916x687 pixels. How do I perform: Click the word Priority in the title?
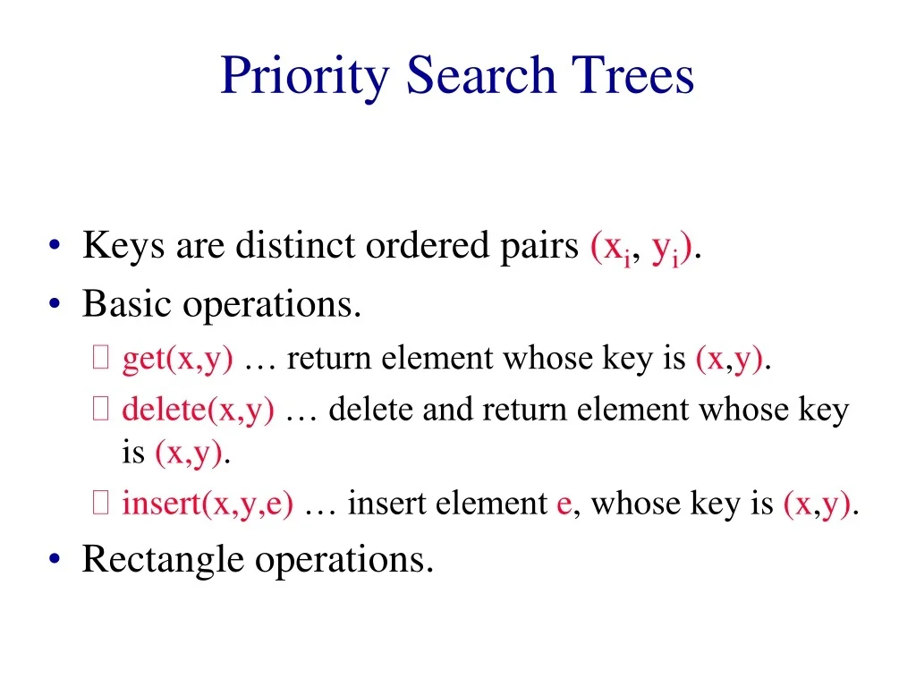tap(305, 76)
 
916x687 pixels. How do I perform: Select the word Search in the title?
tap(481, 76)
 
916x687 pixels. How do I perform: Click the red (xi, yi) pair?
tap(641, 248)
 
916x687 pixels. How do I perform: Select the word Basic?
tap(127, 305)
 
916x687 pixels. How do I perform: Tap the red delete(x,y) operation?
tap(198, 411)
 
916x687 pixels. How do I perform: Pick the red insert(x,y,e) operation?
tap(208, 505)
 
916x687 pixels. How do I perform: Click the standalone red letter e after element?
tap(564, 505)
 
